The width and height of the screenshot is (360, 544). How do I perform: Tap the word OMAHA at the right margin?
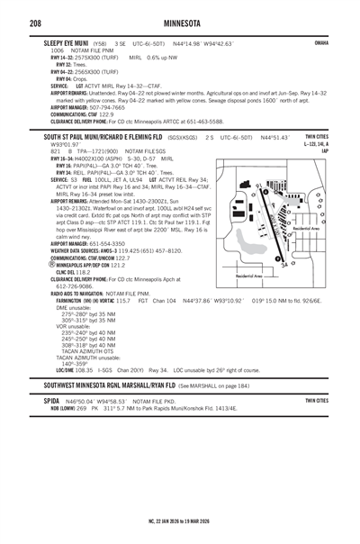(x=320, y=41)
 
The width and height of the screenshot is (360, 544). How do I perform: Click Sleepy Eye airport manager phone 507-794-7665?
(x=107, y=106)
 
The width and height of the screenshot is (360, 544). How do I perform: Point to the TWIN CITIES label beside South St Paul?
(x=317, y=136)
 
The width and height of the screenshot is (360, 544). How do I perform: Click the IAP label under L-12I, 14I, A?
(x=323, y=150)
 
